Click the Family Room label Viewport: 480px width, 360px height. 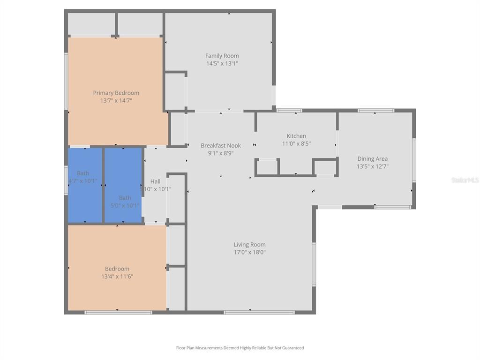coord(222,56)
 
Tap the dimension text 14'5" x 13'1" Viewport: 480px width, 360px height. coord(222,63)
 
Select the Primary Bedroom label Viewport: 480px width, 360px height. coord(116,93)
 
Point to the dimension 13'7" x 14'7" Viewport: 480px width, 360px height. coord(116,100)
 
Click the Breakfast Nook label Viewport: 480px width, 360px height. coord(220,145)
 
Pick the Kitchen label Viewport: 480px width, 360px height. coord(296,136)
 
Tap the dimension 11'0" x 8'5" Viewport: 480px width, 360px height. coord(296,143)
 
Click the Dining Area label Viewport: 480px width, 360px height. coord(372,158)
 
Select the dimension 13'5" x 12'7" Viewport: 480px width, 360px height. coord(372,166)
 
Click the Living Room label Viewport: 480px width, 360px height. coord(249,244)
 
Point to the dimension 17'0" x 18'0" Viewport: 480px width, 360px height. coord(249,252)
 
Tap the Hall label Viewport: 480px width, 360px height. coord(155,181)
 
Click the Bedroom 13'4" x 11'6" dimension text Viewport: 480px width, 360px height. coord(117,277)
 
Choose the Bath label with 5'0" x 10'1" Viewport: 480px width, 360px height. coord(125,198)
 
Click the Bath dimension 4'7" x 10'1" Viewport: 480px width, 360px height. coord(83,181)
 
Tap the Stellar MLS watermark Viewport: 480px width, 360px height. coord(465,180)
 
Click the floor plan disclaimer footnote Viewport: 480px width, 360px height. coord(240,348)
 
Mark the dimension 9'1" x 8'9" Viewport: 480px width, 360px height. coord(220,153)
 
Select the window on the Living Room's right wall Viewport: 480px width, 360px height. coord(314,264)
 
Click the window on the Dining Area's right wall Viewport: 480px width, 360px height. coord(414,160)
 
